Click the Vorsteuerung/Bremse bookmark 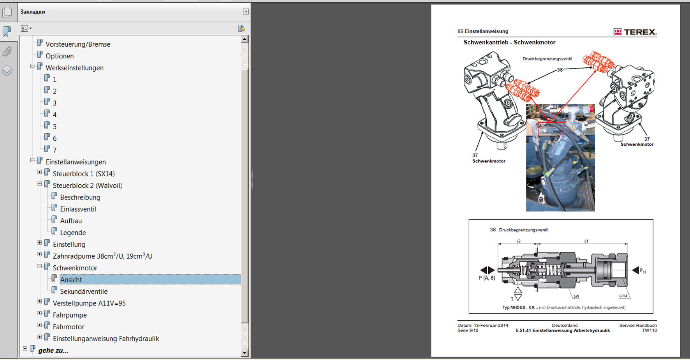(78, 44)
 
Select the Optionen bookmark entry (60, 56)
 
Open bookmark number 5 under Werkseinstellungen (55, 127)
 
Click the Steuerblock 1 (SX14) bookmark (84, 174)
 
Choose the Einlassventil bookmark (78, 209)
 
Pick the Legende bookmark (73, 233)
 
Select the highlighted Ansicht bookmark (71, 280)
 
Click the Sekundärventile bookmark (84, 291)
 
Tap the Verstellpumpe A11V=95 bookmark (89, 303)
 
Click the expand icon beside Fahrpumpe (40, 313)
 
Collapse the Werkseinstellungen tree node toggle (32, 66)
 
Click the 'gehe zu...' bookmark (53, 350)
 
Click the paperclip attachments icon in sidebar (7, 51)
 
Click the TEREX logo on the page (635, 32)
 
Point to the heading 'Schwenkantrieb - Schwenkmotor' (509, 42)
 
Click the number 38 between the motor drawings (560, 70)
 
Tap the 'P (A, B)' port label (487, 278)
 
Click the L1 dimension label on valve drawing (586, 241)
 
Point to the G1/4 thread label (623, 296)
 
